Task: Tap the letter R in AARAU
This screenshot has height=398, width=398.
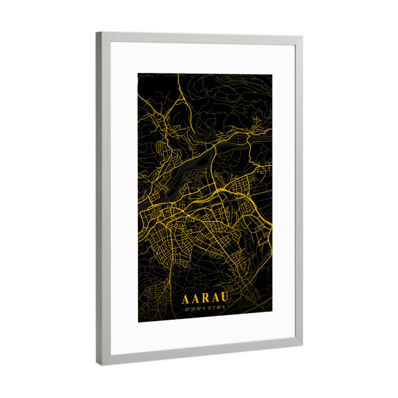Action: click(204, 300)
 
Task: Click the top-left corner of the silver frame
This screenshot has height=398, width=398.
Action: click(97, 33)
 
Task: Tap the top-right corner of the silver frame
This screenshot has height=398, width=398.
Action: click(302, 37)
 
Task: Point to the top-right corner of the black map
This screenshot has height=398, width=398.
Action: click(271, 74)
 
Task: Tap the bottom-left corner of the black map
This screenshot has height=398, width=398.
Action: click(139, 322)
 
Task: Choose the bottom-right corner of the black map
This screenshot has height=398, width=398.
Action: click(271, 311)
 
